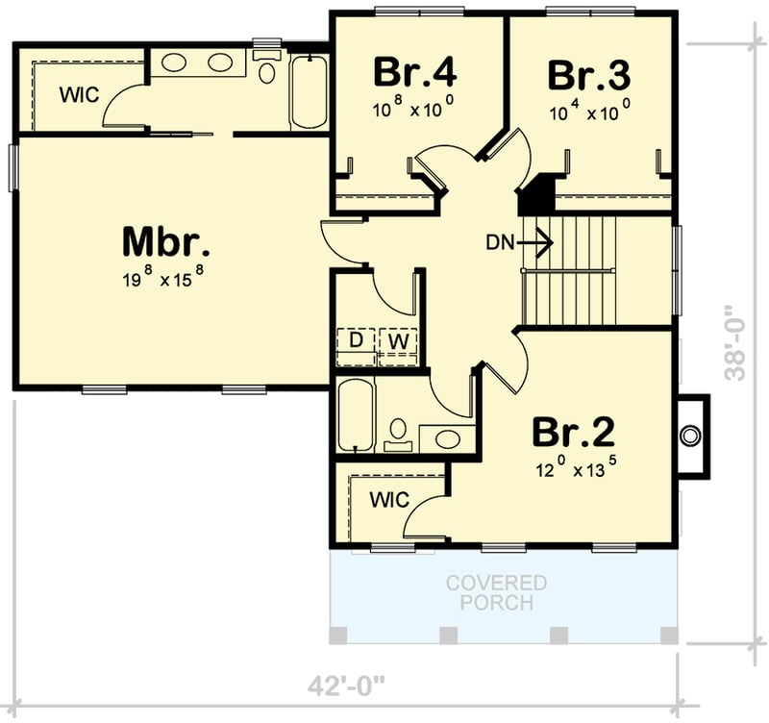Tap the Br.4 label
click(414, 72)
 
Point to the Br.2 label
click(574, 434)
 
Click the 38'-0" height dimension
click(734, 343)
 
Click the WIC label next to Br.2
click(388, 500)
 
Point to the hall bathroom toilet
click(396, 435)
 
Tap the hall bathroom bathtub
click(355, 415)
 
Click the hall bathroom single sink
click(447, 439)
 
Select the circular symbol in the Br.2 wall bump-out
click(689, 436)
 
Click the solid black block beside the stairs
click(535, 197)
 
